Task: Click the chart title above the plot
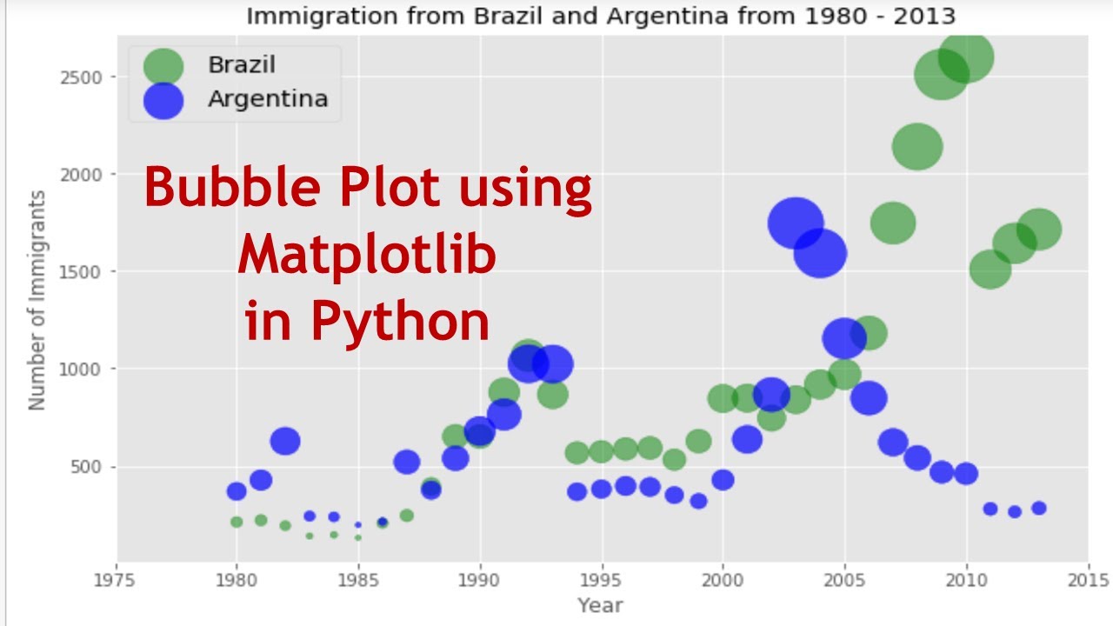(x=601, y=16)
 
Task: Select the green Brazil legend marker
(x=163, y=66)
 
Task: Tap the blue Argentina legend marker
(x=163, y=100)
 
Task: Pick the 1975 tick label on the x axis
(x=117, y=579)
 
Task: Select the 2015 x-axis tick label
(x=1088, y=579)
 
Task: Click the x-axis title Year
(x=601, y=605)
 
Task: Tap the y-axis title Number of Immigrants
(x=37, y=301)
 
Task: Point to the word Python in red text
(x=401, y=322)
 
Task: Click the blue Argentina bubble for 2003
(x=796, y=223)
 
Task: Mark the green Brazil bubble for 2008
(x=917, y=146)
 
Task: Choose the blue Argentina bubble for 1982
(x=285, y=441)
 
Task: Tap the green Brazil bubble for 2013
(x=1039, y=230)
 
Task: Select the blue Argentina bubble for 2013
(x=1039, y=508)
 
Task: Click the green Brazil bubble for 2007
(x=893, y=223)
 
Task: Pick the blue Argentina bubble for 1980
(x=237, y=491)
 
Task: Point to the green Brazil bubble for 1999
(x=698, y=441)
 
